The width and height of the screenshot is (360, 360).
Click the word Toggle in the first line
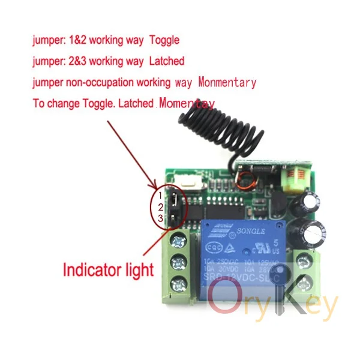(164, 41)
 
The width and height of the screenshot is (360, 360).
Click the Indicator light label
(108, 269)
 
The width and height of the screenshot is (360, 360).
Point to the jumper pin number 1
(160, 196)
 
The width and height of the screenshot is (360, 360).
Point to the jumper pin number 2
(160, 207)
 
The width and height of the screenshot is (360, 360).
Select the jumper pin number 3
(160, 218)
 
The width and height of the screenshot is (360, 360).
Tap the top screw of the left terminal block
(178, 241)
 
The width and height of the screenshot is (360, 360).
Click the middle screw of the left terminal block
(178, 262)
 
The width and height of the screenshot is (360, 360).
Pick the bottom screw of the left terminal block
(178, 283)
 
